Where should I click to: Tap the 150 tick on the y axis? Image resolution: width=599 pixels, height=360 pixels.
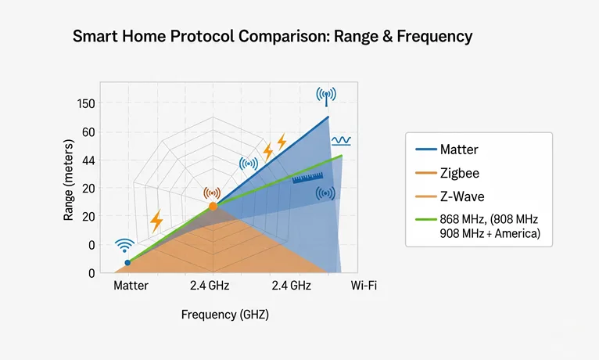click(x=86, y=104)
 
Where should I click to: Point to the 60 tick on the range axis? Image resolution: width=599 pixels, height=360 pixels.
click(x=86, y=132)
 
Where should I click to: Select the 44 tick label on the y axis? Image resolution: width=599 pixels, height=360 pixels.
click(x=86, y=160)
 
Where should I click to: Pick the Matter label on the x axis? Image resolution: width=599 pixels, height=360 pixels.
click(x=131, y=286)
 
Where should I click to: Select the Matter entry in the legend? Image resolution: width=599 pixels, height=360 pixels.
click(x=459, y=149)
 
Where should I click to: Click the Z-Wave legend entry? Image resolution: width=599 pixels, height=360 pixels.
click(x=462, y=196)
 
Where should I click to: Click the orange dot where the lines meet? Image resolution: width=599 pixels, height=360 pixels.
click(x=212, y=207)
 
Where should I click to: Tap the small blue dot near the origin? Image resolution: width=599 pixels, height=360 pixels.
click(x=127, y=263)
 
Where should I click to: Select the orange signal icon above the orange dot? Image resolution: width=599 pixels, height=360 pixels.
click(x=212, y=193)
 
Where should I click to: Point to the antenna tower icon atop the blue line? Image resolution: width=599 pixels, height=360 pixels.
click(x=326, y=96)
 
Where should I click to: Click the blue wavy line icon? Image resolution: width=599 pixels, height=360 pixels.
click(x=342, y=141)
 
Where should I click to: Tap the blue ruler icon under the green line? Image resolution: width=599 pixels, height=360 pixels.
click(x=307, y=178)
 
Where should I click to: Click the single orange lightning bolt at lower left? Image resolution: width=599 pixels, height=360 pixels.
click(x=156, y=221)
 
